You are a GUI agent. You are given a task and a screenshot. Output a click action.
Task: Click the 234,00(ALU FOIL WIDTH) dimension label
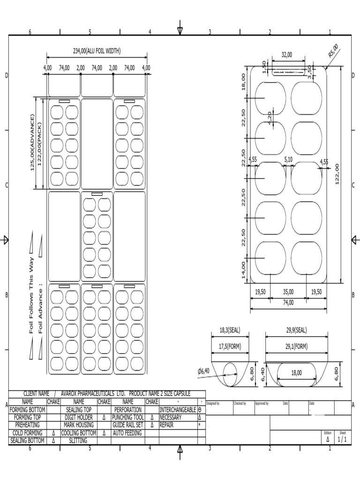click(x=97, y=51)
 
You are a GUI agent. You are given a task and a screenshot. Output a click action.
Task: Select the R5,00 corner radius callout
click(x=333, y=51)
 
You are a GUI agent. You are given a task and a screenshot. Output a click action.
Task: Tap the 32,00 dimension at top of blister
click(x=286, y=55)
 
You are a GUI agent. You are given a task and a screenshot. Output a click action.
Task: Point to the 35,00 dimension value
click(x=288, y=292)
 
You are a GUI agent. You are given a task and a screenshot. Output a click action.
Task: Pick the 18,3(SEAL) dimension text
click(x=230, y=330)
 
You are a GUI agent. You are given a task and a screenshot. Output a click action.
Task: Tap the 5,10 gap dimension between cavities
click(x=288, y=159)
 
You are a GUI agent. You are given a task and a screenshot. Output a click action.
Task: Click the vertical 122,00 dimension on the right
click(x=337, y=174)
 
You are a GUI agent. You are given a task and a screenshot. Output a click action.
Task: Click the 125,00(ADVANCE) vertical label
click(x=33, y=142)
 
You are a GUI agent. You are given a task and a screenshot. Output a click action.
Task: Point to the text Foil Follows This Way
click(x=32, y=295)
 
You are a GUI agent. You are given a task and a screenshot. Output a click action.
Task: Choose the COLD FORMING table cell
click(x=27, y=433)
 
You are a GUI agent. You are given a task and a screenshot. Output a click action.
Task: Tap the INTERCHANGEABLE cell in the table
click(x=178, y=409)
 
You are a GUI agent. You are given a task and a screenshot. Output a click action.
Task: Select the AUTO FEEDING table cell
click(x=127, y=433)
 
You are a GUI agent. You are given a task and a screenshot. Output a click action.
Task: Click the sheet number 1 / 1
click(x=342, y=439)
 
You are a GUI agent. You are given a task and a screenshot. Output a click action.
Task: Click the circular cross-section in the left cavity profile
click(x=230, y=375)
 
